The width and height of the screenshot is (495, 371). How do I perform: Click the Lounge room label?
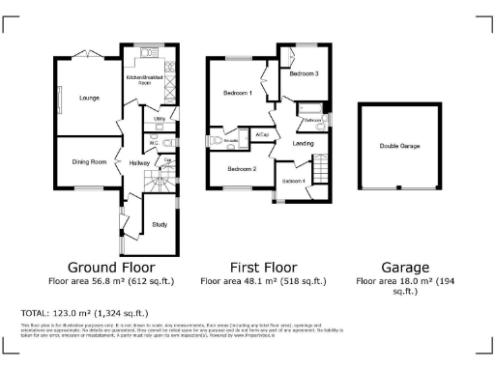[90, 98]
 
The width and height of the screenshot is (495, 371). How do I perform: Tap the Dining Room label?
[89, 162]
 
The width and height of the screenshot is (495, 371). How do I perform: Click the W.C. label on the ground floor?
[154, 143]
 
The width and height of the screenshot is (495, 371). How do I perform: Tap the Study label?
[160, 225]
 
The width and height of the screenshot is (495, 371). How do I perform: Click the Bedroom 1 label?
[237, 94]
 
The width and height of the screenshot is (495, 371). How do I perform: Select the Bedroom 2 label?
[242, 169]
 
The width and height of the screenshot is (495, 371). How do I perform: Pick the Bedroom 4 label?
[294, 181]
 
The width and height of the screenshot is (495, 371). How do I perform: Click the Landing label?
[304, 143]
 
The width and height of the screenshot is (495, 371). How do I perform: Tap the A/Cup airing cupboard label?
[262, 133]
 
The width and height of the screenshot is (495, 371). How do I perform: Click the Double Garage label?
[398, 147]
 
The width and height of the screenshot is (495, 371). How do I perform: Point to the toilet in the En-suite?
[216, 141]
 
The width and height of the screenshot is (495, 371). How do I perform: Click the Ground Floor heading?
[109, 267]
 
